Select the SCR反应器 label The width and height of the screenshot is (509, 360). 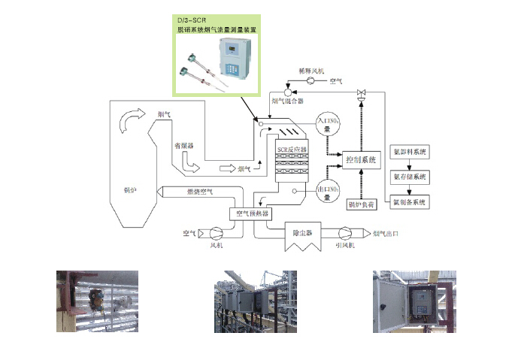click(292, 149)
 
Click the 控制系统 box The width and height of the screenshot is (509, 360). click(360, 160)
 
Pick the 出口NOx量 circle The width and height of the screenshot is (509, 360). click(327, 190)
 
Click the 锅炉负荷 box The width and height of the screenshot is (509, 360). click(361, 204)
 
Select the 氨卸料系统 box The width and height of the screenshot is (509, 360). click(410, 153)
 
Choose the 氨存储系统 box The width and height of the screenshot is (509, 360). click(410, 177)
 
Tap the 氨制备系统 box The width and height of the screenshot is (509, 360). click(410, 202)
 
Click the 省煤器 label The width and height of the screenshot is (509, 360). click(184, 146)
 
